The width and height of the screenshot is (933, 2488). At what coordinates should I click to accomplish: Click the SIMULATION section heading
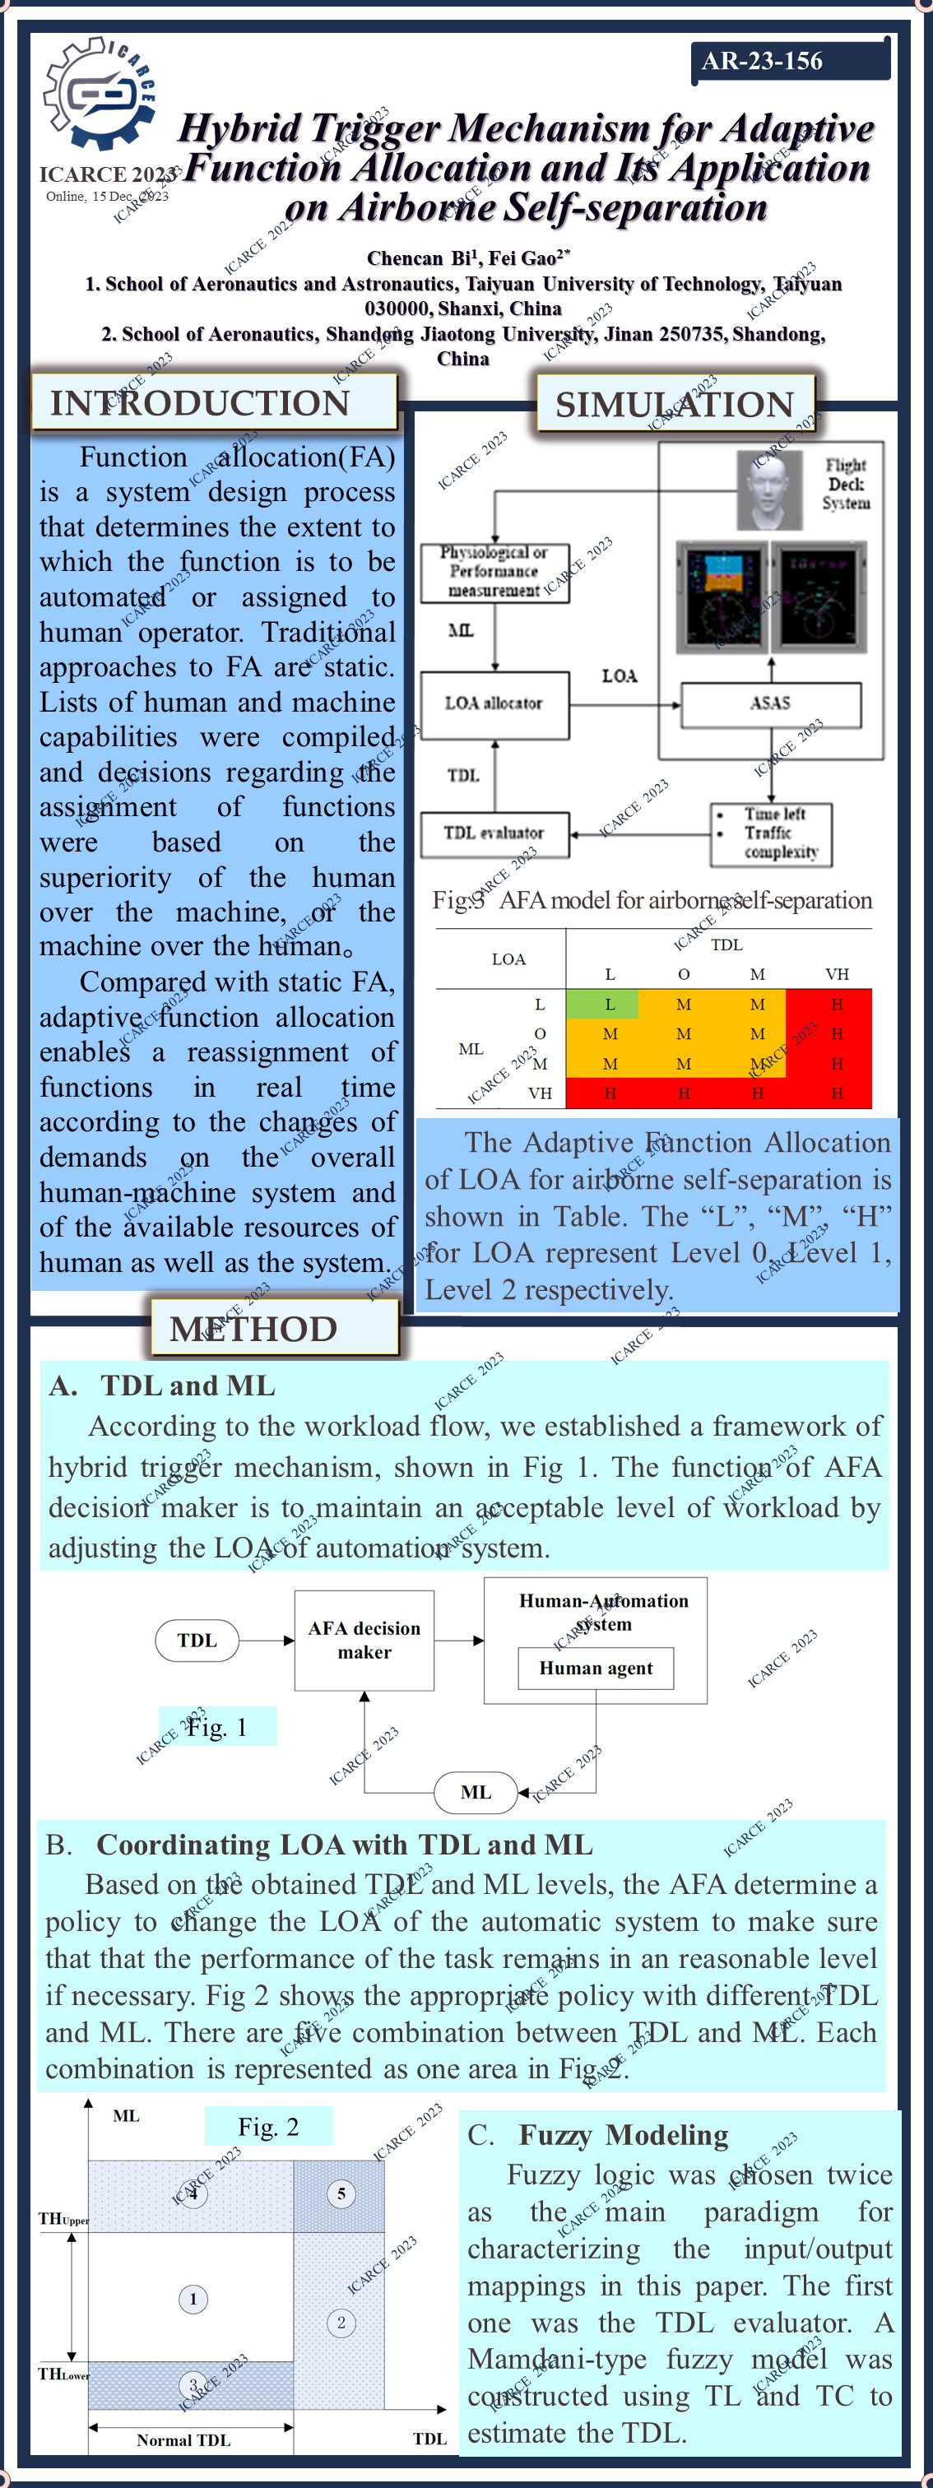674,404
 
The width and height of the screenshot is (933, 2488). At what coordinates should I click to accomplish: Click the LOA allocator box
494,703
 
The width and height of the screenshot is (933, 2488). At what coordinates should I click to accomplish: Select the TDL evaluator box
494,833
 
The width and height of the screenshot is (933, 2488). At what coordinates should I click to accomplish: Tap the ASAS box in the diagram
770,703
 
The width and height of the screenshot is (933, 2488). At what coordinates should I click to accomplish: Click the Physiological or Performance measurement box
494,572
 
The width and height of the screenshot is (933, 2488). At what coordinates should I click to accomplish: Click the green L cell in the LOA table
609,1005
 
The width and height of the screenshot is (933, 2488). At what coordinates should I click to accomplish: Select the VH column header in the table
837,973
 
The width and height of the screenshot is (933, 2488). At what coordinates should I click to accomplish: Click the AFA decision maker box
364,1640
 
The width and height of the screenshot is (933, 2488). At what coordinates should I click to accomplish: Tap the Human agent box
595,1668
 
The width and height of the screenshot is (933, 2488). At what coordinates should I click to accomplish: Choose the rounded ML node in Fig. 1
476,1792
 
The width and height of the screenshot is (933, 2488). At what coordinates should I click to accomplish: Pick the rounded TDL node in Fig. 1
197,1640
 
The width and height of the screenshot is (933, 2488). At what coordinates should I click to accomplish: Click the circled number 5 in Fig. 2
340,2193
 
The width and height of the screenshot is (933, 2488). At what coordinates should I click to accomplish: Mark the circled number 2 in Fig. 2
340,2322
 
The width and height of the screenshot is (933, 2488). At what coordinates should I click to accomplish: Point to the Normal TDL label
183,2439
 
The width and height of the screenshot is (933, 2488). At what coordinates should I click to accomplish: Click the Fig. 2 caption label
268,2127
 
